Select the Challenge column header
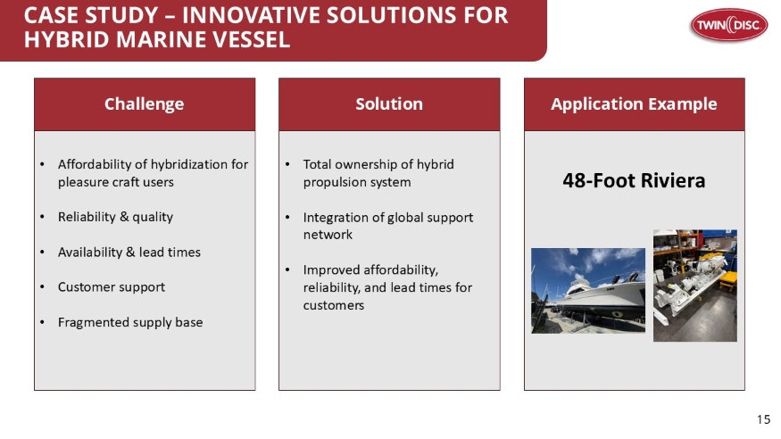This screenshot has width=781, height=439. coord(144,104)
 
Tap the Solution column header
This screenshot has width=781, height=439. coord(389,104)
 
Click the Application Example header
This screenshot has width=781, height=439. coord(634,104)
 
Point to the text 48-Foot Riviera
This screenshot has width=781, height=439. coord(634,181)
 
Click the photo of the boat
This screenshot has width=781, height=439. coord(587,290)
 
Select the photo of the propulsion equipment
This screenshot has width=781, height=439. coord(694,286)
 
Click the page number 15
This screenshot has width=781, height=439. coord(763,419)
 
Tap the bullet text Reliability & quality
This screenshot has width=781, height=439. coord(115,217)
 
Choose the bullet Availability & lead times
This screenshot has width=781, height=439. coord(129,252)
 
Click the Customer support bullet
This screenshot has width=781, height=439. coord(111,286)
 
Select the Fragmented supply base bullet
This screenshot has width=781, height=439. coord(129,321)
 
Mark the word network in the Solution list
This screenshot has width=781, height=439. coord(328,235)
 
